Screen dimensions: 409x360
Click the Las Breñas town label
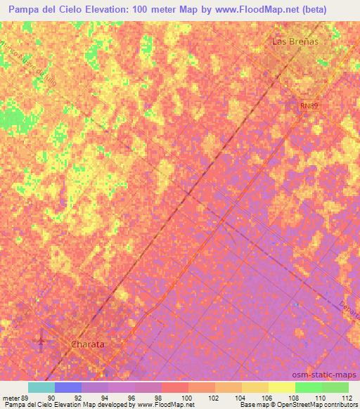295,41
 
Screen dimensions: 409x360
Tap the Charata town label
89,344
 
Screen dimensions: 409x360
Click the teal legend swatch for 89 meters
41,387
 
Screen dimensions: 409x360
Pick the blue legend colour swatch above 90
68,387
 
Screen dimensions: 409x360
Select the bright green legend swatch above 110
309,387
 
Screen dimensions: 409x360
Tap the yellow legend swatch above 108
282,387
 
